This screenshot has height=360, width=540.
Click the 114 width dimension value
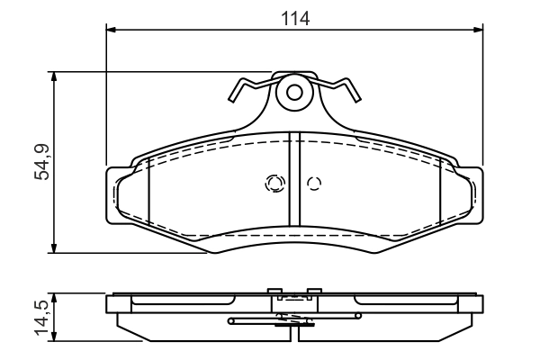[x=294, y=15]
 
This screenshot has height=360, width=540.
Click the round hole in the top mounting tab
[x=293, y=92]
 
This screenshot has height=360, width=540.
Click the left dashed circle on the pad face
[x=274, y=184]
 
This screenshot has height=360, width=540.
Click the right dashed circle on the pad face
[x=314, y=184]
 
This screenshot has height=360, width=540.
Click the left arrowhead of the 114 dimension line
[x=112, y=31]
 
